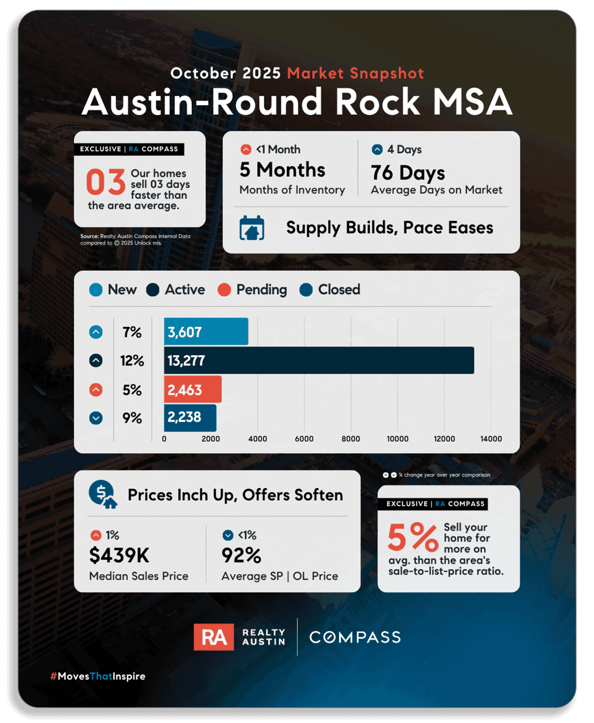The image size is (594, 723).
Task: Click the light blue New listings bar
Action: (206, 331)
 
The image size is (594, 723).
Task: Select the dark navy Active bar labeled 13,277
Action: (318, 360)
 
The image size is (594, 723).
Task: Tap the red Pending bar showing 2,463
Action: (193, 389)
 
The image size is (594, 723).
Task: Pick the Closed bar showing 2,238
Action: (190, 418)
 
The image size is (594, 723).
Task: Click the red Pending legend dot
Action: (224, 290)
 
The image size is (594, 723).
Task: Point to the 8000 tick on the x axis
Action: (351, 438)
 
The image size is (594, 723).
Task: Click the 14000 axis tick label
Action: (491, 438)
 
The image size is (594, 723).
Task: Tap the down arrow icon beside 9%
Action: (96, 418)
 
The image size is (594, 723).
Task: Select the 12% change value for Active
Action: (132, 360)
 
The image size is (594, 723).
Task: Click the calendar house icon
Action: (252, 227)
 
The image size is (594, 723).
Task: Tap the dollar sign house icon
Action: (103, 494)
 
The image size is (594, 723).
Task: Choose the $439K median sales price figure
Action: (119, 555)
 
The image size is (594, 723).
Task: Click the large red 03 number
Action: (106, 182)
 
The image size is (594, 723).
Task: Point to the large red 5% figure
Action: (413, 537)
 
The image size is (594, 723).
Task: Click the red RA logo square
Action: (214, 637)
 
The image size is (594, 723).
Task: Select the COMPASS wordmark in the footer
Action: (355, 638)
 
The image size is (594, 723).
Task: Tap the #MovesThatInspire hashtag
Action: (98, 676)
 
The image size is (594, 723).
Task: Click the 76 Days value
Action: (408, 173)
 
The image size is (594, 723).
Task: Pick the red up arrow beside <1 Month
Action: (246, 149)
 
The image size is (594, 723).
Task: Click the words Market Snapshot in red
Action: (355, 74)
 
